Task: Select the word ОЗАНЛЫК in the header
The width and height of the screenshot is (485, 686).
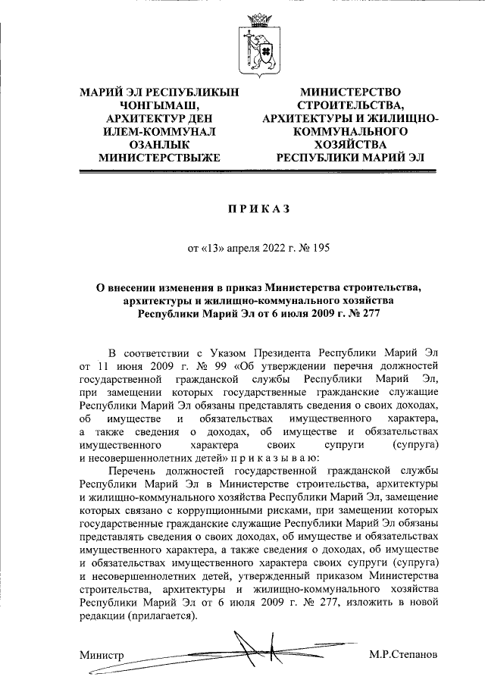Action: tap(159, 144)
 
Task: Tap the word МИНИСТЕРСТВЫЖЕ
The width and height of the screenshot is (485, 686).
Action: tap(159, 158)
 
